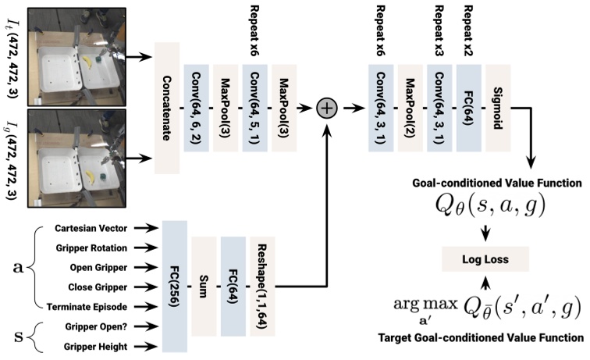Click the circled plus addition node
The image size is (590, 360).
coord(325,107)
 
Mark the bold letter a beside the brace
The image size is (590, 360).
coord(16,266)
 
